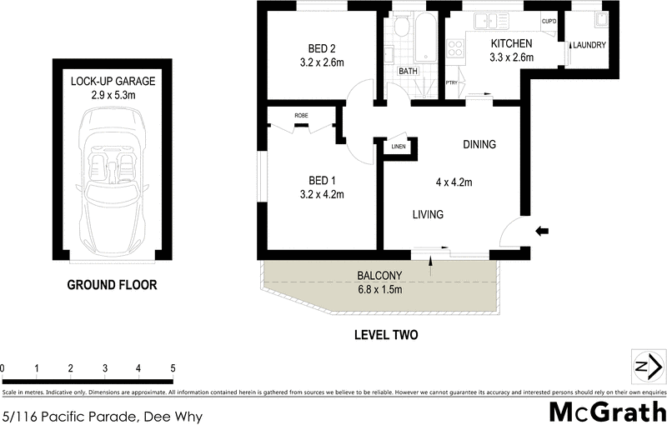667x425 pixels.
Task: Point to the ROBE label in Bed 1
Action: tap(303, 115)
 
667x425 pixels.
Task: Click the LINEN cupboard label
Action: tap(398, 147)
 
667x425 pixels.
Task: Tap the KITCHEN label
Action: tap(511, 43)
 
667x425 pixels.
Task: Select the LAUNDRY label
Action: tap(589, 46)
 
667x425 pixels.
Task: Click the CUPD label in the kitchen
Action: tap(549, 22)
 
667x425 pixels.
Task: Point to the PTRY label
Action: tap(452, 82)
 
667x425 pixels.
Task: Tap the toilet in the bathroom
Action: tap(400, 29)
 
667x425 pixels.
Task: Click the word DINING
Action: tap(479, 144)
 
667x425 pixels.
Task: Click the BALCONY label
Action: tap(380, 276)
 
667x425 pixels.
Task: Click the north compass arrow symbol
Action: tap(648, 367)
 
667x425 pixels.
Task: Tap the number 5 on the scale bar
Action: tap(173, 368)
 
